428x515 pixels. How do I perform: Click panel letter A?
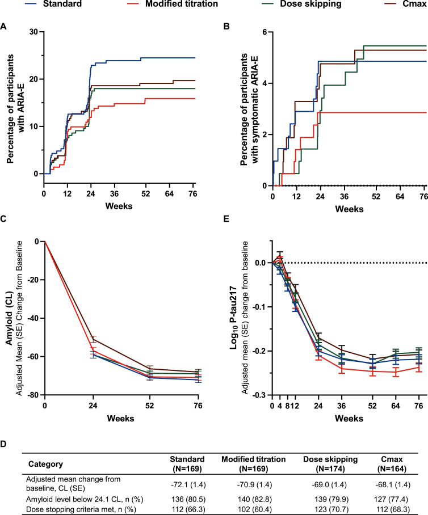click(x=5, y=26)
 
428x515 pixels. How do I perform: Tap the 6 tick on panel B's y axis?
click(x=264, y=32)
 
